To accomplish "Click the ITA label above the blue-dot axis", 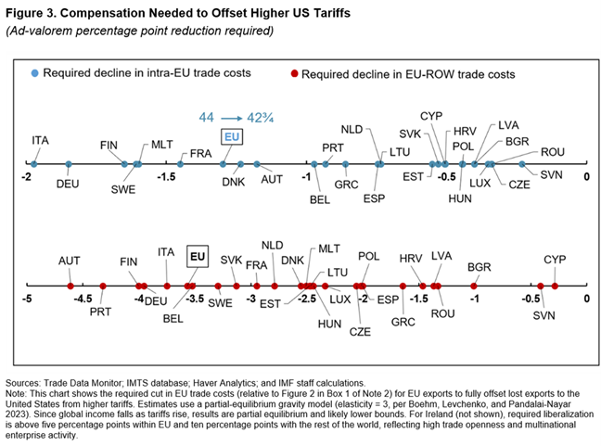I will click(x=40, y=140).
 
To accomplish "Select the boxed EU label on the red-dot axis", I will click(x=197, y=252).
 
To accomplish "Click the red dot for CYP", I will click(x=555, y=287).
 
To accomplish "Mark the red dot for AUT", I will click(x=70, y=287).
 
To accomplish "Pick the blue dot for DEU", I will click(x=69, y=164).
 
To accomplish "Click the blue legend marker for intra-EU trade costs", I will click(x=35, y=72).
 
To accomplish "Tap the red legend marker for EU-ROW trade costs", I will click(x=294, y=72).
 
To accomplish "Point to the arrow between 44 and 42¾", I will click(x=233, y=117).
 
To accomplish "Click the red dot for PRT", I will click(x=103, y=287).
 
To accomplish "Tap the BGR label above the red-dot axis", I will click(x=479, y=267).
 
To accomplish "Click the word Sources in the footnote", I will click(x=27, y=382).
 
